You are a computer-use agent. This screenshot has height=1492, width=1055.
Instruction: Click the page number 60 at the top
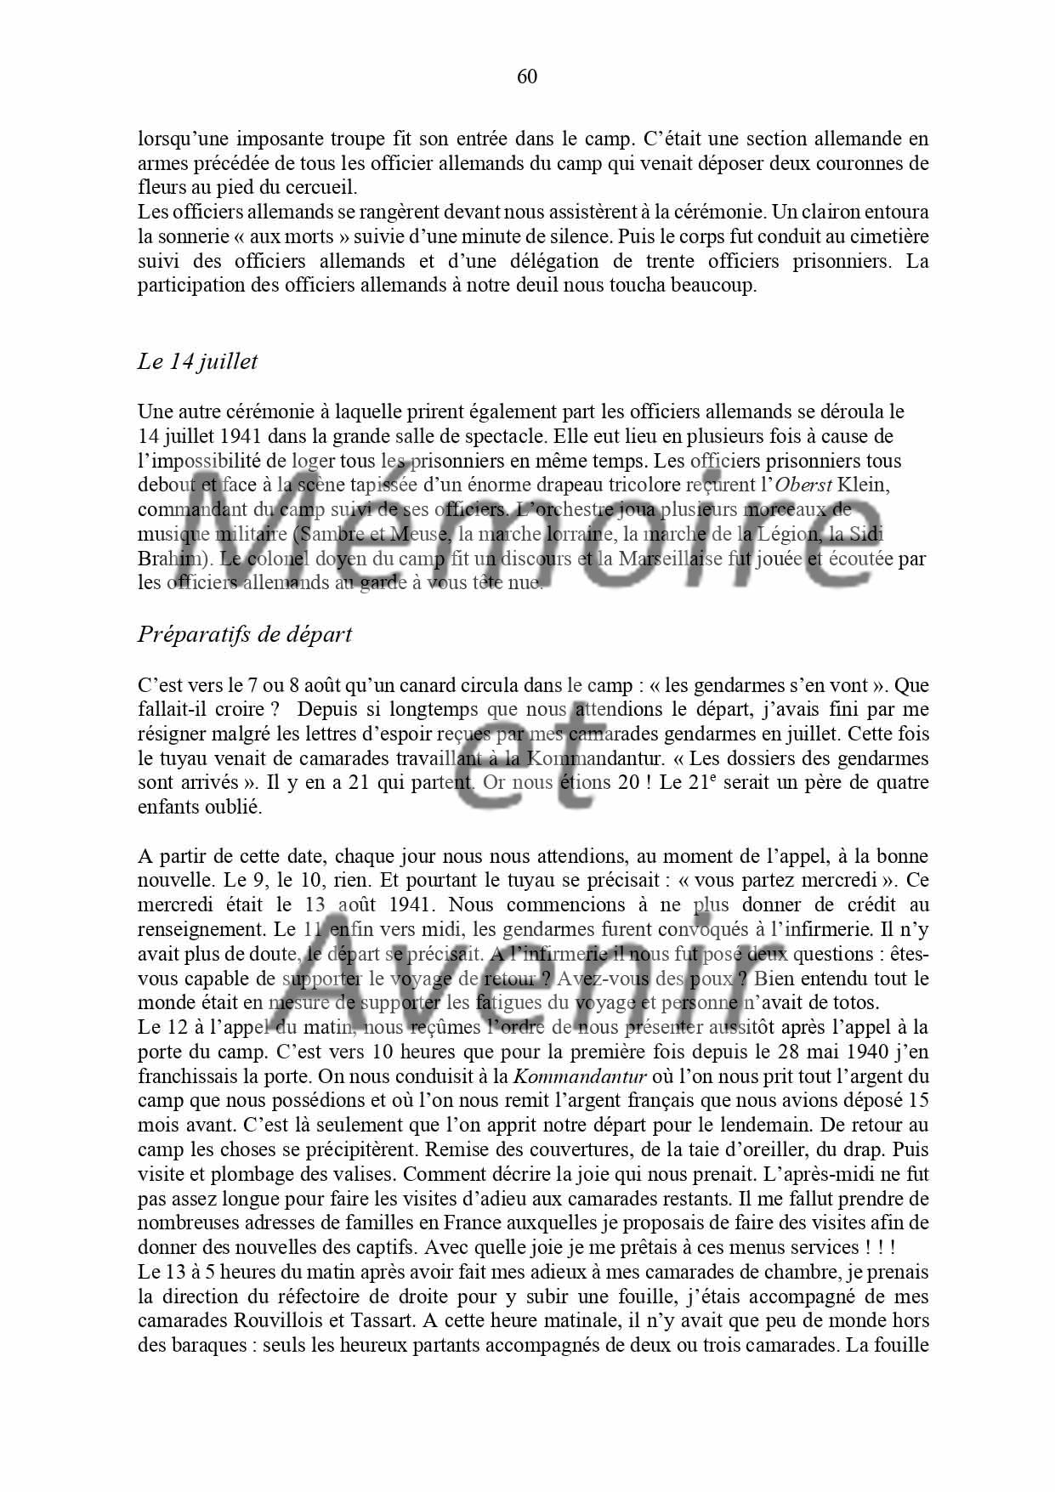(x=527, y=77)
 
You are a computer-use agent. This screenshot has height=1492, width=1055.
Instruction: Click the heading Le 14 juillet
(x=197, y=361)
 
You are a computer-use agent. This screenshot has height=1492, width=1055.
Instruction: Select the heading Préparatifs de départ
(x=245, y=634)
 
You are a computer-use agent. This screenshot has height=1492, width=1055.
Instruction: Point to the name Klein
(x=864, y=485)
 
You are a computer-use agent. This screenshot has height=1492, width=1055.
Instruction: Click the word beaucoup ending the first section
(x=713, y=286)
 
